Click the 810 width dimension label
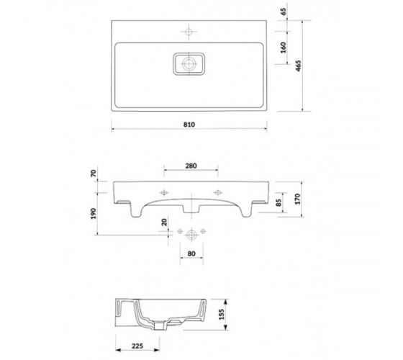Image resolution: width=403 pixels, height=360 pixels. point(189,125)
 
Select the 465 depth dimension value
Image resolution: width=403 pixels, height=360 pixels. point(298,66)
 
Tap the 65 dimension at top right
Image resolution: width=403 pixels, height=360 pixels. point(284,12)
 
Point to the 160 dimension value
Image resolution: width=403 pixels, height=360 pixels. point(284,48)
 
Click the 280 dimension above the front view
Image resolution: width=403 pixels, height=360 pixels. point(191,166)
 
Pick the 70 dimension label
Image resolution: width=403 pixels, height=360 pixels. point(94,174)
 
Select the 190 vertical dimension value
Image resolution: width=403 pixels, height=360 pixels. point(94,213)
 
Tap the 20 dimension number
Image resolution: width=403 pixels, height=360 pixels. point(164,222)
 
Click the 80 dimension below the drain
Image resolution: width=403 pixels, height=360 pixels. point(191,253)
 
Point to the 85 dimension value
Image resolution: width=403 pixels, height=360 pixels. point(279,202)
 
